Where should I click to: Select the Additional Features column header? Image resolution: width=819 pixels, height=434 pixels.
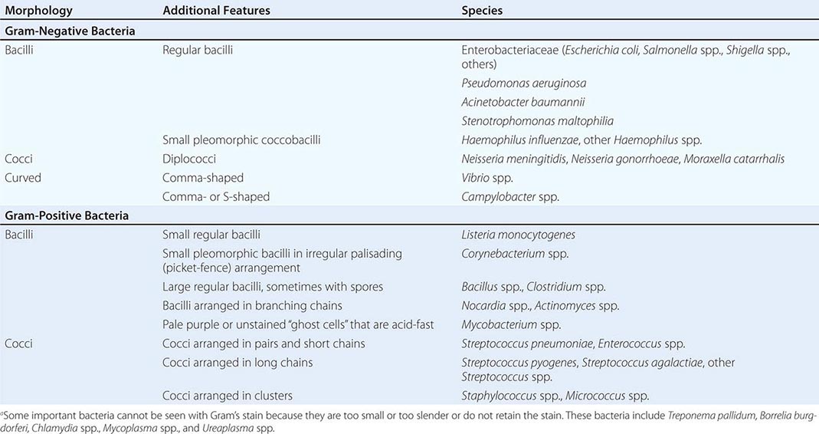pyautogui.click(x=216, y=11)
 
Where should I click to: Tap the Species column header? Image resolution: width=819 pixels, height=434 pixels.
pyautogui.click(x=482, y=11)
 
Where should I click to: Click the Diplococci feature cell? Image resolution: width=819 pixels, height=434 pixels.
pyautogui.click(x=188, y=159)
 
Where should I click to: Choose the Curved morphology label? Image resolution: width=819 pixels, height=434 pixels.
pyautogui.click(x=23, y=177)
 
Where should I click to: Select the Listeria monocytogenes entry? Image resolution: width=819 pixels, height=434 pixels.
pyautogui.click(x=518, y=235)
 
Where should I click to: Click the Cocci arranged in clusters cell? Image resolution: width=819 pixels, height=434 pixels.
pyautogui.click(x=227, y=396)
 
